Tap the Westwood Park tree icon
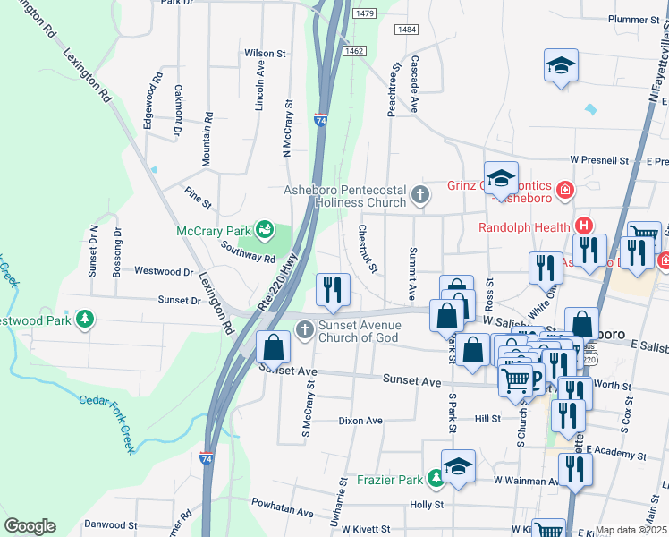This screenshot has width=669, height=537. [x=85, y=320]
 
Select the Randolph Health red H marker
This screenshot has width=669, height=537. [x=583, y=227]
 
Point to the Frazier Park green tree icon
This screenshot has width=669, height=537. [x=435, y=480]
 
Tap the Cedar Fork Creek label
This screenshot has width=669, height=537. [x=107, y=422]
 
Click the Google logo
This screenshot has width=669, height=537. [x=30, y=526]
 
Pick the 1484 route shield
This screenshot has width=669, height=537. [x=405, y=30]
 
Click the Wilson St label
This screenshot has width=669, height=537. [x=265, y=54]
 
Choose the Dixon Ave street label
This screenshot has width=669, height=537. [x=360, y=420]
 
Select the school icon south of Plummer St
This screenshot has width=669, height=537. [x=561, y=65]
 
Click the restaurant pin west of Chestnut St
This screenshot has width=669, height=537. [x=332, y=288]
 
